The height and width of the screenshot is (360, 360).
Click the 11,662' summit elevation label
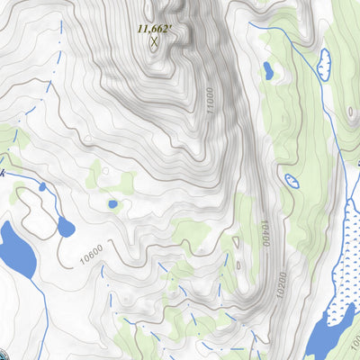[x=154, y=28]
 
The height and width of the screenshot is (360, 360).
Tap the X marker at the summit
[x=154, y=40]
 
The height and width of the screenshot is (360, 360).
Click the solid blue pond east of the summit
[x=268, y=70]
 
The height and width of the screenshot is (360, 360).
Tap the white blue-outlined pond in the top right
[x=324, y=62]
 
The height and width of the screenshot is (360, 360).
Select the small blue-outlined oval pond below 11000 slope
[x=292, y=181]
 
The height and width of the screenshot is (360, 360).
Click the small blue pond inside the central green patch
[x=112, y=204]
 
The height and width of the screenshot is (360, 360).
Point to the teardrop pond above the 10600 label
[x=65, y=226]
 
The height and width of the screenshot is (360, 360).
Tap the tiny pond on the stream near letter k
[x=41, y=187]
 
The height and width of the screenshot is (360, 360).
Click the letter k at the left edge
[x=3, y=173]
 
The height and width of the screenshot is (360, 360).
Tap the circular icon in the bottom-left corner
[x=4, y=355]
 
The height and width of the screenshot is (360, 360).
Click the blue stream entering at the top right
[x=288, y=40]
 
